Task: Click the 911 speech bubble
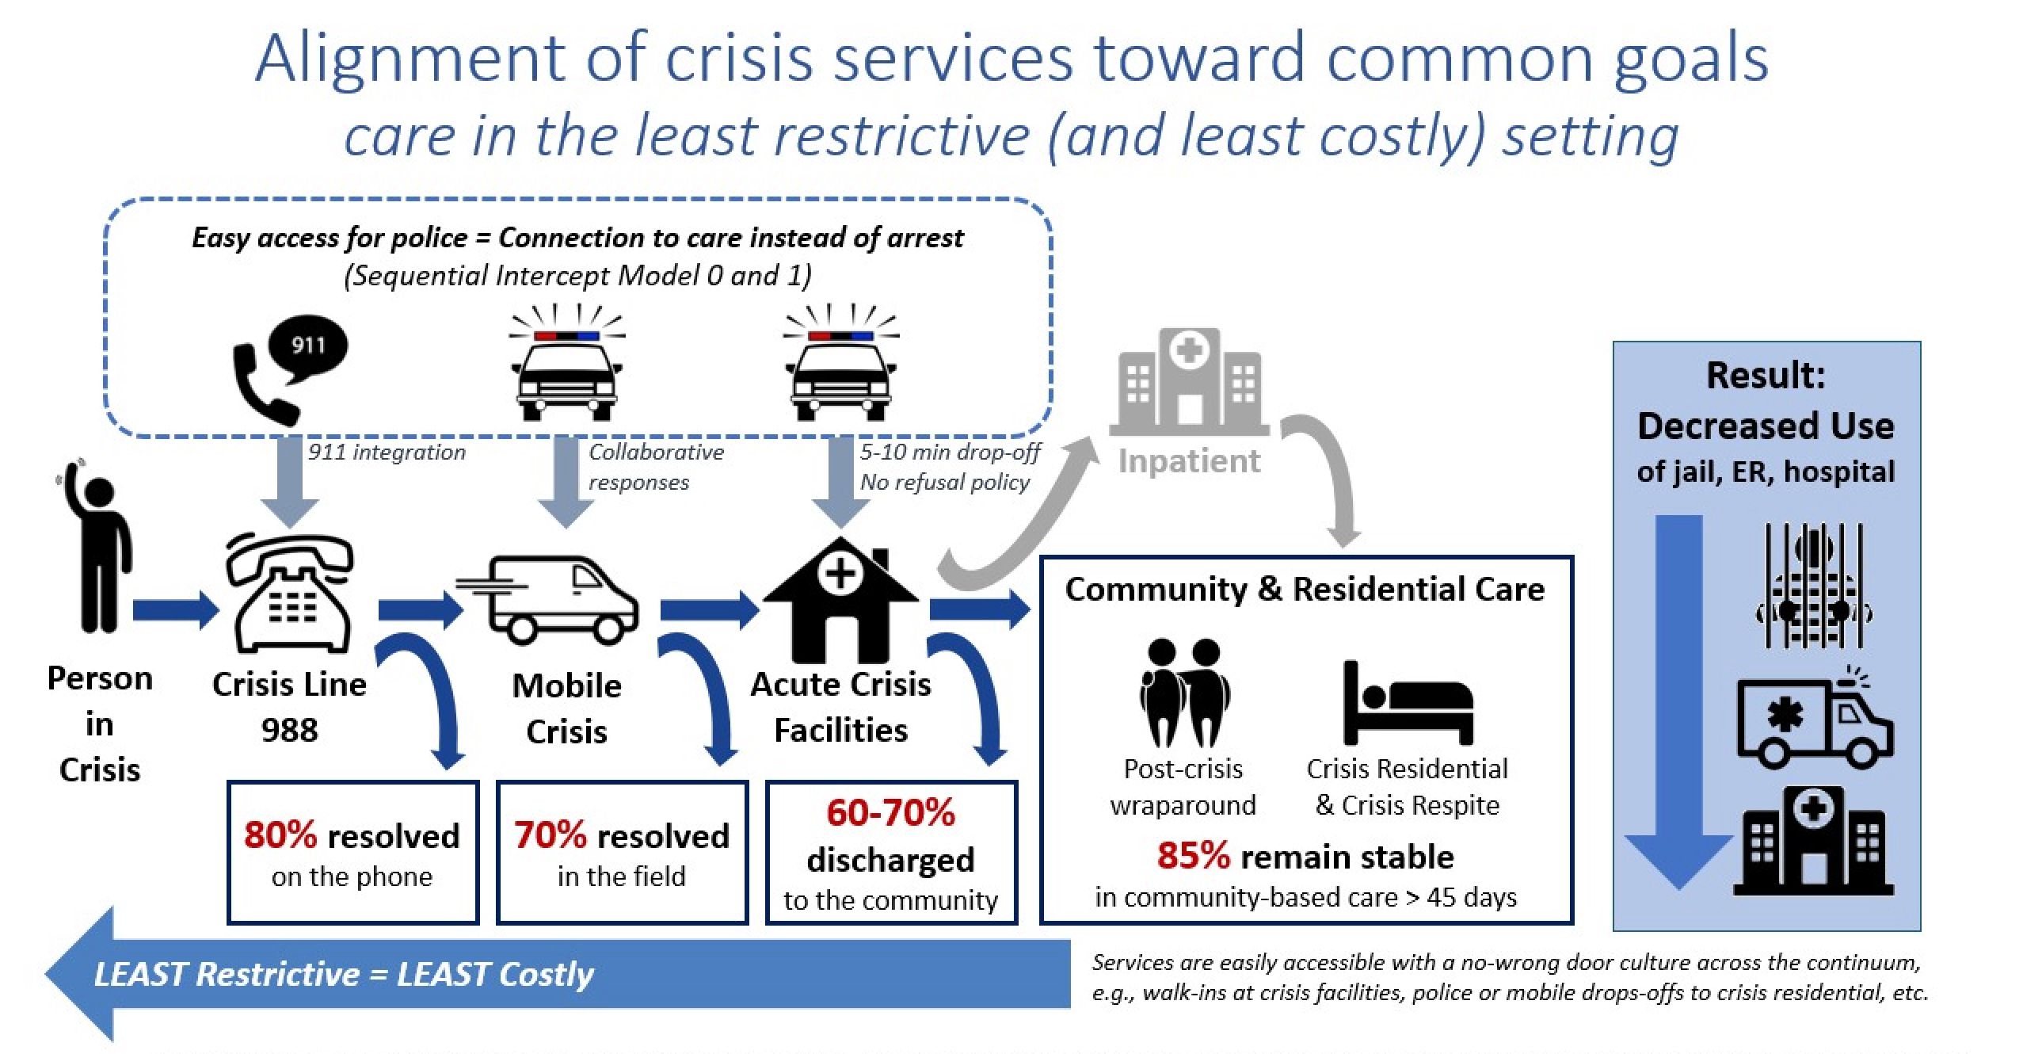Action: [307, 346]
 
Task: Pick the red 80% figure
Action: [280, 835]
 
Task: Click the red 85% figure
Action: [1194, 856]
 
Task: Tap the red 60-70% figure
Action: [890, 813]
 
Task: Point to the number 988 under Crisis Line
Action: [289, 730]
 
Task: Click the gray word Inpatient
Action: [1188, 460]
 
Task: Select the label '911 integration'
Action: [387, 453]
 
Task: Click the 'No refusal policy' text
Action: [944, 482]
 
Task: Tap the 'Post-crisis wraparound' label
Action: [1183, 787]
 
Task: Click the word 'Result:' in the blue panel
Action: [1766, 376]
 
